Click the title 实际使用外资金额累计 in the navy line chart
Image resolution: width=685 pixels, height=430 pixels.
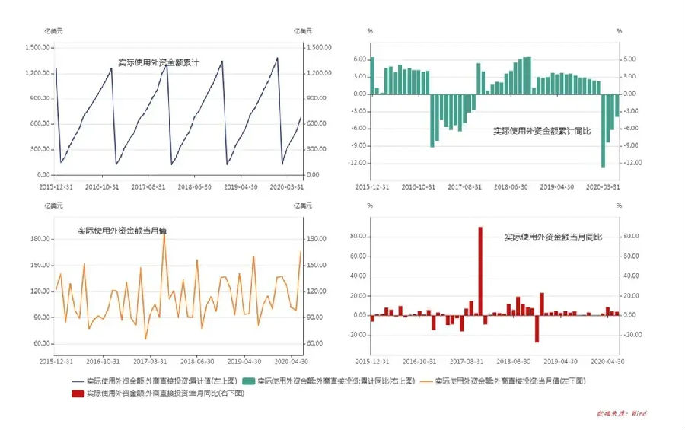tap(158, 63)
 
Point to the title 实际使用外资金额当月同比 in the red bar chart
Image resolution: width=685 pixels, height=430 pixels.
tap(553, 237)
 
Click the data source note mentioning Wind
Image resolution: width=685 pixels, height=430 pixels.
tap(621, 413)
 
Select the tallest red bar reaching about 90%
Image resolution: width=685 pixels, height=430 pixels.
tap(480, 270)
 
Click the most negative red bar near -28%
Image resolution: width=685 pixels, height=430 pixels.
tap(537, 328)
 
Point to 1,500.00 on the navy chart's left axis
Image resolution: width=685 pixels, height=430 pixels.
tap(38, 47)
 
